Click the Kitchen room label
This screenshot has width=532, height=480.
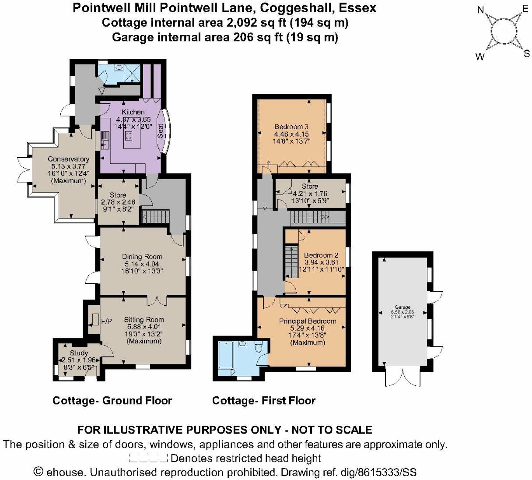pyautogui.click(x=133, y=112)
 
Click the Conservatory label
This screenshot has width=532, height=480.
pyautogui.click(x=69, y=159)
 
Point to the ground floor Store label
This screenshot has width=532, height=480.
pyautogui.click(x=118, y=195)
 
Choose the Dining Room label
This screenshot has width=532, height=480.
pyautogui.click(x=142, y=257)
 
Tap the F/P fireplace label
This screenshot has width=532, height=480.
pyautogui.click(x=106, y=321)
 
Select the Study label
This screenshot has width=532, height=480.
pyautogui.click(x=79, y=353)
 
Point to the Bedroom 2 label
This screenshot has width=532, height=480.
pyautogui.click(x=321, y=255)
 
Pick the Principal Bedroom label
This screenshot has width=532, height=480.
pyautogui.click(x=308, y=321)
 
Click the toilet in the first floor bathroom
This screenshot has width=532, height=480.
pyautogui.click(x=259, y=348)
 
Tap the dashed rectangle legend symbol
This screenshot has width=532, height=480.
pyautogui.click(x=148, y=459)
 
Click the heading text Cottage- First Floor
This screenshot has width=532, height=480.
pyautogui.click(x=263, y=400)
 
